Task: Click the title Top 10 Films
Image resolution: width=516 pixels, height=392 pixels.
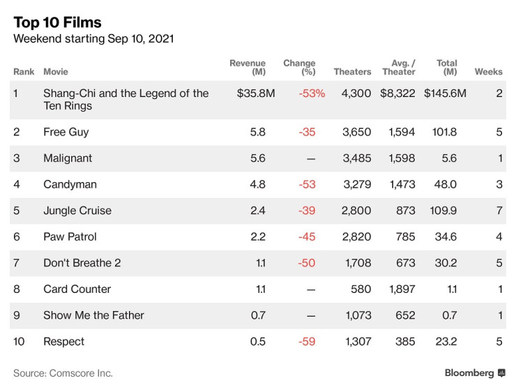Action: pos(57,22)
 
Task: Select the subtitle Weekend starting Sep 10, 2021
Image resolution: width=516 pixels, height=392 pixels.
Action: pos(93,39)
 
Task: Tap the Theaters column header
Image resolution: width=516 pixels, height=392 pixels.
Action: pos(352,72)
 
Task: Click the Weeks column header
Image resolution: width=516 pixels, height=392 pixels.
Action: pos(488,72)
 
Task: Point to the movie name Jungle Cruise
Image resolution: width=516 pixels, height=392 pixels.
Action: pos(77,211)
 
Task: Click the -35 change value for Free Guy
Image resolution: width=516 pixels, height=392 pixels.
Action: pos(307,132)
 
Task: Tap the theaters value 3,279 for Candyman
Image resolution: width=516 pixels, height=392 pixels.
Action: pos(356,184)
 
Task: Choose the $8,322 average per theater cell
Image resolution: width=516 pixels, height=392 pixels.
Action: pos(397,93)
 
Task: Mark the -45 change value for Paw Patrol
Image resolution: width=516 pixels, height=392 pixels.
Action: pos(307,236)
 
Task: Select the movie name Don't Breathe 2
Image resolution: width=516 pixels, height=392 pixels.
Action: pos(82,263)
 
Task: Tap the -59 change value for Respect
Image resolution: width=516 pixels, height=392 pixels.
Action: pos(307,341)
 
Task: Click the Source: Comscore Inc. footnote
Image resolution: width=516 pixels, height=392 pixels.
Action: pos(63,373)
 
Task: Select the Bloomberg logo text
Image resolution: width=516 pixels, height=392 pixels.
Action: pos(469,373)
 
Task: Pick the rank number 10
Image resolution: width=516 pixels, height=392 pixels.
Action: pos(19,341)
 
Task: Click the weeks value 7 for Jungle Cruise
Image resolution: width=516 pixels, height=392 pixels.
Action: pos(499,211)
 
